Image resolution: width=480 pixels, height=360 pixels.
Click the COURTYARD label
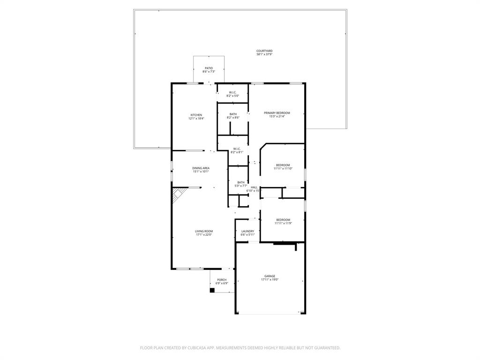point(264,51)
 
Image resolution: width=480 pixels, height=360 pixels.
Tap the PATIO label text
point(209,68)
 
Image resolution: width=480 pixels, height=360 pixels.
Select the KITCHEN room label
point(196,115)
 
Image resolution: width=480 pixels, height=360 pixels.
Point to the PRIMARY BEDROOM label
point(277,113)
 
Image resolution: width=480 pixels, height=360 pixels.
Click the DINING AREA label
point(201,168)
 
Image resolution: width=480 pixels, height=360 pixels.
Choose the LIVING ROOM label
point(204,231)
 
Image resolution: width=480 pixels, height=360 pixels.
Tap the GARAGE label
point(270,276)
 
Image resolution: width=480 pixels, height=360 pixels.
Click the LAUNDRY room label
point(247,231)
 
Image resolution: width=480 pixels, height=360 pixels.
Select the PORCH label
point(222,280)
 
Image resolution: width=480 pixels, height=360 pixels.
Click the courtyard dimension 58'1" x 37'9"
point(264,54)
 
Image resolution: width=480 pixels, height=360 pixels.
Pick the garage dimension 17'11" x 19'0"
point(270,280)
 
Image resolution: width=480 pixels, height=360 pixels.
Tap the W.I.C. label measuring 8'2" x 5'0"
point(233,92)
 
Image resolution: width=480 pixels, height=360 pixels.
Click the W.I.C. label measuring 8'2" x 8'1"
point(237,149)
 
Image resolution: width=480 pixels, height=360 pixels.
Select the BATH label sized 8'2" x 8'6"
point(233,114)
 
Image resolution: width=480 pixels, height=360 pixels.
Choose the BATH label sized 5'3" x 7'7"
point(240,182)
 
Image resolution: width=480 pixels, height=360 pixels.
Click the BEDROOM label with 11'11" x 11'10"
point(283,165)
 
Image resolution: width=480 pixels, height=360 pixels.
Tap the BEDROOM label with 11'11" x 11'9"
point(283,220)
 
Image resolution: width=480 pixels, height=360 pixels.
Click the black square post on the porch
point(212,290)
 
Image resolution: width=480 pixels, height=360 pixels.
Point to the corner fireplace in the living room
point(177,194)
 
